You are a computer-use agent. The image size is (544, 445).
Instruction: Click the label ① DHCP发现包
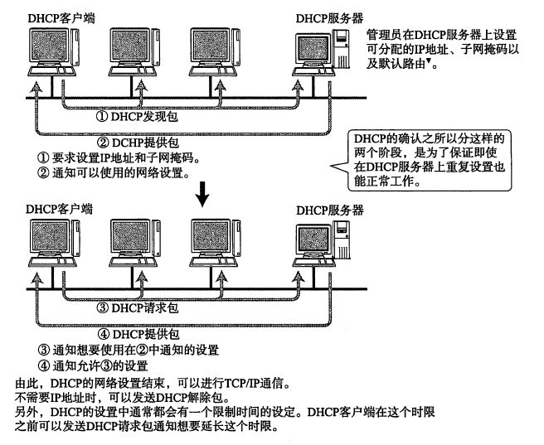point(137,117)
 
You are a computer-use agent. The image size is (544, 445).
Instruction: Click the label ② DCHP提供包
point(138,143)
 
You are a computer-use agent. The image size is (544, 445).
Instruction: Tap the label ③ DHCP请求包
point(137,307)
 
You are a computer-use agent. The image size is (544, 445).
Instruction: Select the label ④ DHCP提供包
point(138,334)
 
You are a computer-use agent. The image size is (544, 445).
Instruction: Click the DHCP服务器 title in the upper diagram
point(329,18)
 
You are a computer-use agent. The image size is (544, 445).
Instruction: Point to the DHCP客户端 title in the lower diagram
point(60,209)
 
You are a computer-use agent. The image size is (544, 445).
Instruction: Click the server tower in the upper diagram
point(340,49)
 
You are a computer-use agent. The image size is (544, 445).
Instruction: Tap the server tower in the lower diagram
point(342,239)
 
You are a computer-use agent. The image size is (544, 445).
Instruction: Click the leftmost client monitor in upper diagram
point(49,46)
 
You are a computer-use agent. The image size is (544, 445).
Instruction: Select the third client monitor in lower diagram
point(211,236)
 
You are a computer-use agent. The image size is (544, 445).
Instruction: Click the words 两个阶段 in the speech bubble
point(377,152)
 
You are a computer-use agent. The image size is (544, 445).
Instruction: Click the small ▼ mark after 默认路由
point(429,60)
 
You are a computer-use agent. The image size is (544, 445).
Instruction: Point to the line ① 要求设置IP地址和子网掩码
point(119,158)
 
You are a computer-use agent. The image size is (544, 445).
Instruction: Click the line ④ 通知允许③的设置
point(93,365)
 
